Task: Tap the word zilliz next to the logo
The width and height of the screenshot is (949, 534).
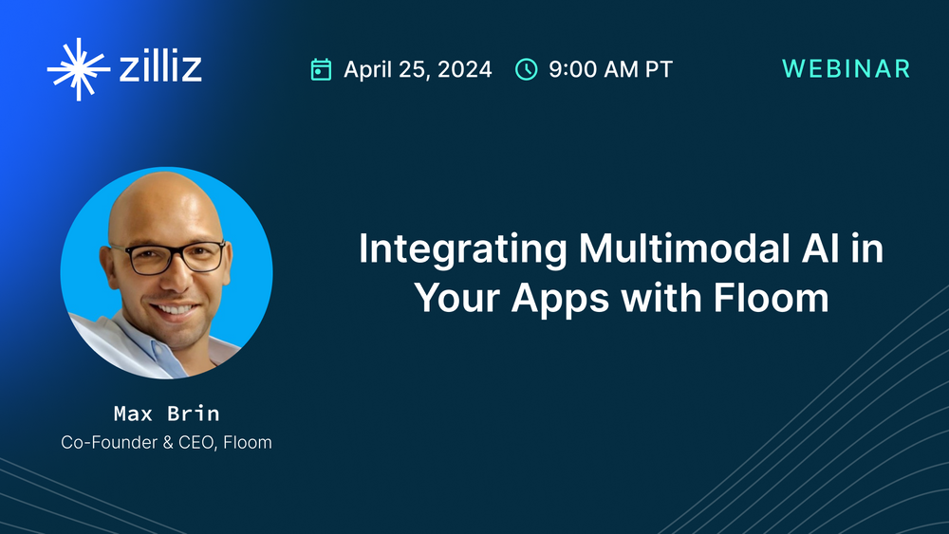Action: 160,69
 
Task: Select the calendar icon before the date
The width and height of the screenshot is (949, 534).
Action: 322,69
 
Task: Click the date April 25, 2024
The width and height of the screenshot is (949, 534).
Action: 418,69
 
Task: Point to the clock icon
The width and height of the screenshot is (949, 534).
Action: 526,69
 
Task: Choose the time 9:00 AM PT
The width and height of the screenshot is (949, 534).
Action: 610,69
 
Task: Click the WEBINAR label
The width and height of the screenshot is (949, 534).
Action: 846,69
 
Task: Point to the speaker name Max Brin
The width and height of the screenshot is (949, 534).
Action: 166,414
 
